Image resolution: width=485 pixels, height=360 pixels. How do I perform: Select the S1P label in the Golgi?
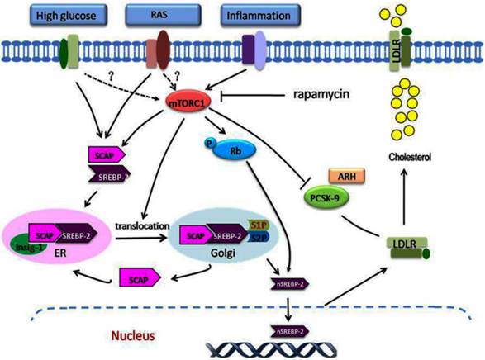click(277, 225)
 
